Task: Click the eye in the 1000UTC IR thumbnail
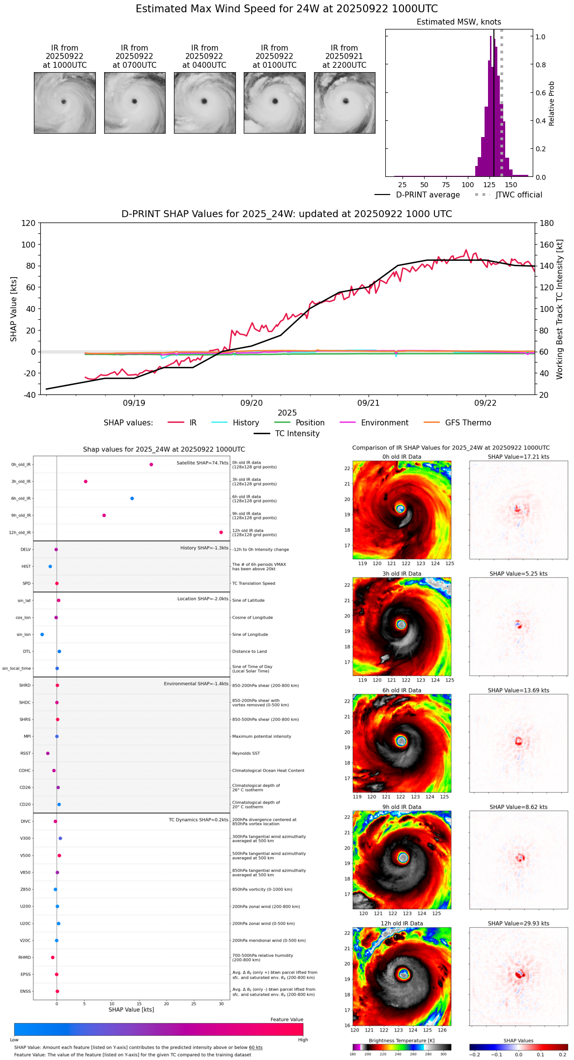click(63, 102)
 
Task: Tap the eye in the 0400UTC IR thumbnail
click(204, 101)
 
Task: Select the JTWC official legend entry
click(518, 195)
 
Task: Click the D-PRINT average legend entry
click(428, 195)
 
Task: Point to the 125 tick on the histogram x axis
click(489, 185)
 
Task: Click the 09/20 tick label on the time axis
click(252, 403)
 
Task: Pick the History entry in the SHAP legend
click(246, 423)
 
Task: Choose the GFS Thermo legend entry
click(468, 423)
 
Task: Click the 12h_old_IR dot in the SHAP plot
click(221, 532)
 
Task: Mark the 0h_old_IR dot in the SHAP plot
click(151, 465)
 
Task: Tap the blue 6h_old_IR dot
click(132, 499)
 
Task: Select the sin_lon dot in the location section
click(42, 635)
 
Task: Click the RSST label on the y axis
click(26, 753)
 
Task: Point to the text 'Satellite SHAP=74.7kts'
click(202, 463)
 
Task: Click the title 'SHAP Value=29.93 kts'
click(518, 923)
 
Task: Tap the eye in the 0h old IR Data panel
click(400, 509)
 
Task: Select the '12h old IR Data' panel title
click(402, 923)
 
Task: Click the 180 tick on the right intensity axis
click(547, 223)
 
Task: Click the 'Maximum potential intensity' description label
click(261, 736)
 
